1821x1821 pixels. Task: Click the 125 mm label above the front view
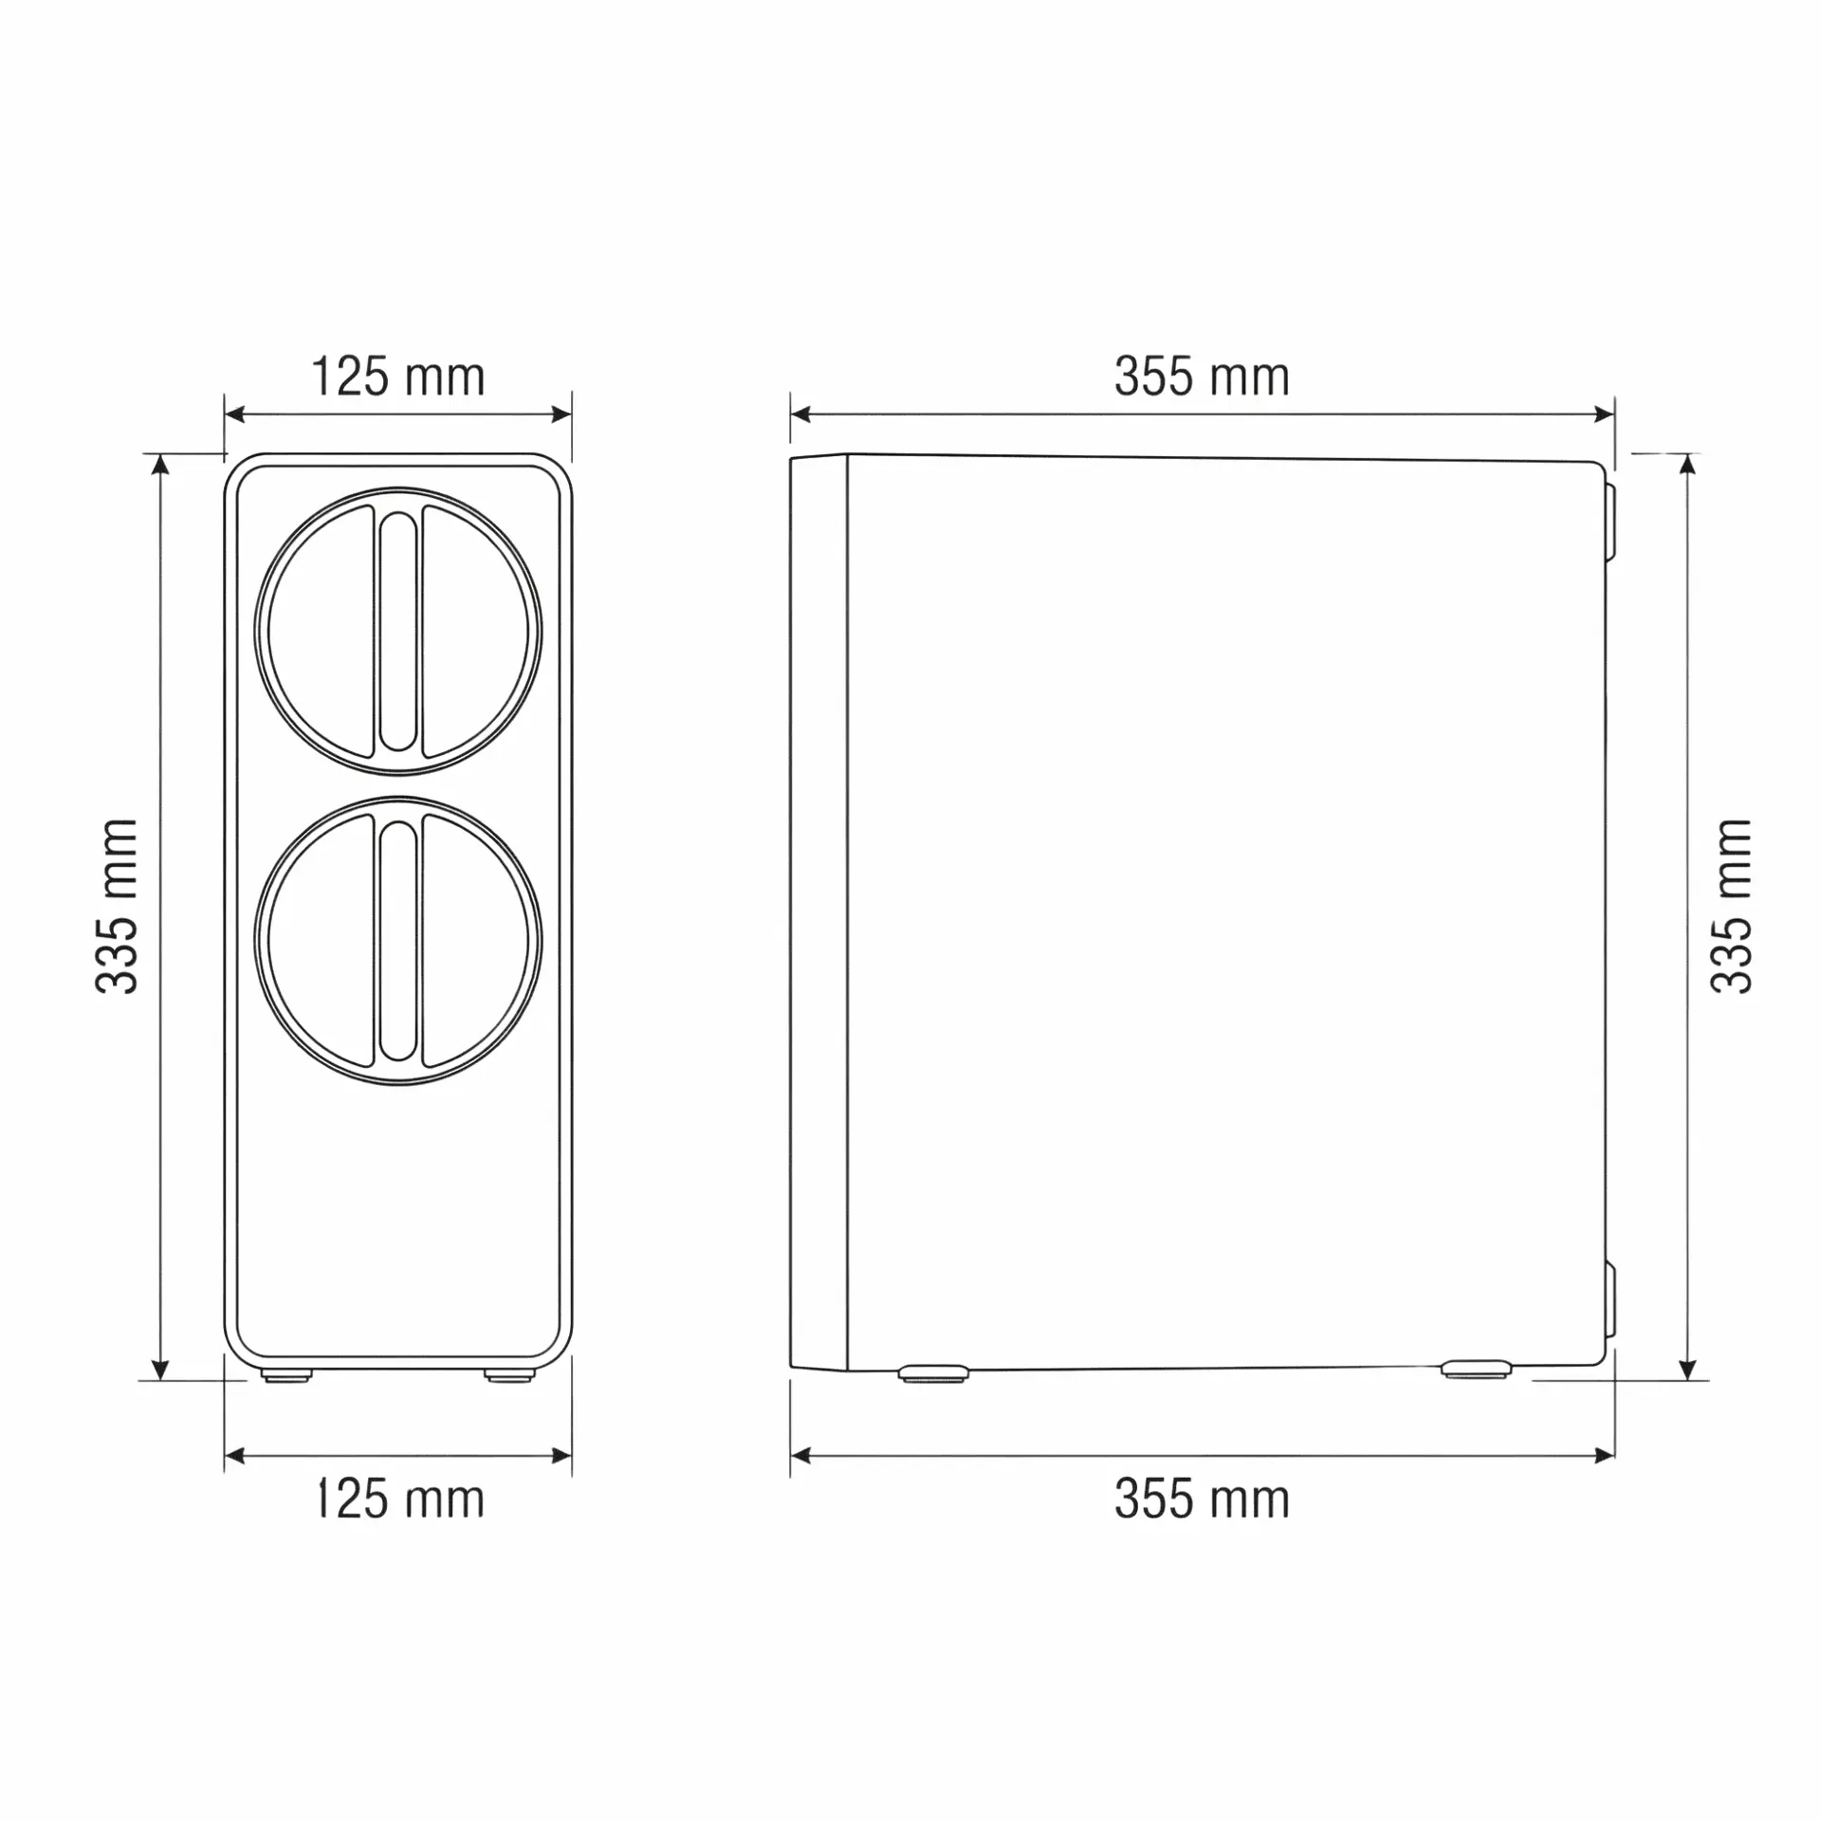(x=398, y=377)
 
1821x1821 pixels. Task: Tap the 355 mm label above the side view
(x=1202, y=377)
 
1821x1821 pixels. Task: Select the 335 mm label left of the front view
(x=118, y=906)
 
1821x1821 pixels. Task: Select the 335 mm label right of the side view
(x=1731, y=906)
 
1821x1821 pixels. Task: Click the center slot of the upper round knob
(x=398, y=632)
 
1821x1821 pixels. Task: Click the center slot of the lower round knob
(x=398, y=941)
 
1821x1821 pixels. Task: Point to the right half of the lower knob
(x=476, y=941)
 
